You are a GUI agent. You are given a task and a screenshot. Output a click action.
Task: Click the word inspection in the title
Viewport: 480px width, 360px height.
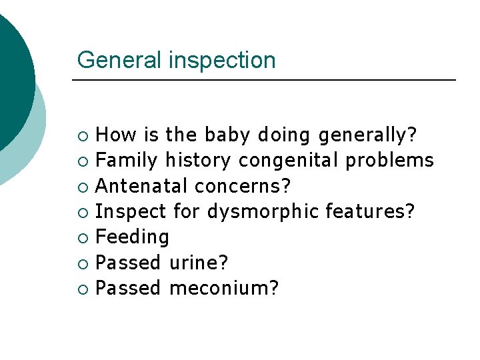tap(222, 61)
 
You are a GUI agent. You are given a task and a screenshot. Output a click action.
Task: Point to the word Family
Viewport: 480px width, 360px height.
tap(127, 161)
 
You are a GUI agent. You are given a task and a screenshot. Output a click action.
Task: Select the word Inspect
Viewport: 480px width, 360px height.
tap(131, 212)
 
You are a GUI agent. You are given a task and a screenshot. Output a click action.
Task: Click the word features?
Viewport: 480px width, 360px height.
tap(370, 211)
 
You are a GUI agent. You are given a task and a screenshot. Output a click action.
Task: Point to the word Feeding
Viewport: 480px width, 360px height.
tap(132, 237)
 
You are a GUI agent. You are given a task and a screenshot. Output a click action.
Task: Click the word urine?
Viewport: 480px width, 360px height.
tap(199, 263)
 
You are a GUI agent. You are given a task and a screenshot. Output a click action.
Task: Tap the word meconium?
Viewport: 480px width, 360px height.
tap(224, 288)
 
